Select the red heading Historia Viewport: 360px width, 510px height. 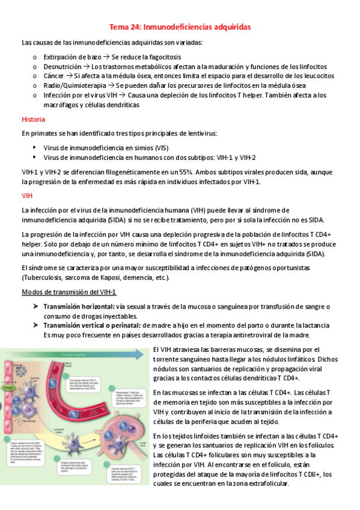point(32,119)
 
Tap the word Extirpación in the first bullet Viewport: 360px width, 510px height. point(58,57)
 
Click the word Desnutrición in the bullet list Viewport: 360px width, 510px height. point(61,66)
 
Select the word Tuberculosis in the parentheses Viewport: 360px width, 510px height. point(43,277)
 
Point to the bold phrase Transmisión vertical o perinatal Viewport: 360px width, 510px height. point(94,325)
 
